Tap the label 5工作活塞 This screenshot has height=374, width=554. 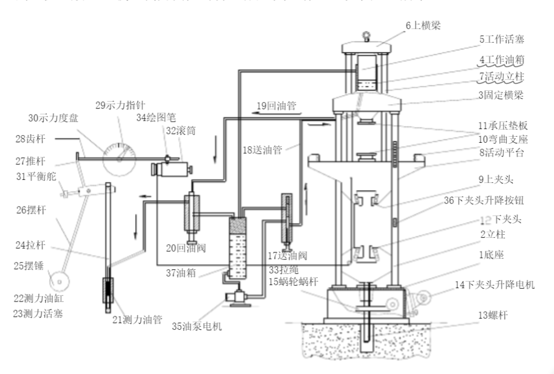503,39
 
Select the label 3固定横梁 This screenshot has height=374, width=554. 502,95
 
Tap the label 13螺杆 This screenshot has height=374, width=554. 492,314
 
